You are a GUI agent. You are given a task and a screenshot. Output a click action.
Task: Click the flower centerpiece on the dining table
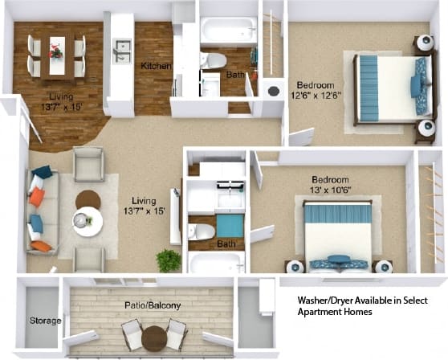click(55, 52)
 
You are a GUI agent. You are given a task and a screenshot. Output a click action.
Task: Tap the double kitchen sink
click(122, 51)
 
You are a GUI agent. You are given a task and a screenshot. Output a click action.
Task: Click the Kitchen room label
click(156, 66)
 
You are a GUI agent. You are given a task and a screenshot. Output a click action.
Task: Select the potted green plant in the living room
click(169, 260)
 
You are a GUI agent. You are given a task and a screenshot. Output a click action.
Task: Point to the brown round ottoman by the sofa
click(88, 198)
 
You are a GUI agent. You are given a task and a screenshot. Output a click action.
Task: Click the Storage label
click(46, 321)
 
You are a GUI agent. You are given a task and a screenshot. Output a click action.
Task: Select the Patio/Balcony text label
click(153, 305)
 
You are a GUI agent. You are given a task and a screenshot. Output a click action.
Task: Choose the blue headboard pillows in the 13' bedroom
click(336, 214)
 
